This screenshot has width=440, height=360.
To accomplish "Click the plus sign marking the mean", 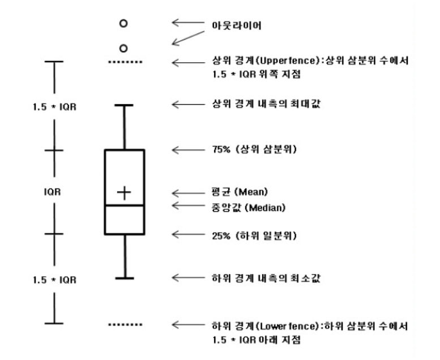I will coord(124,192).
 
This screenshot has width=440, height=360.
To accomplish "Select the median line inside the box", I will coord(124,205).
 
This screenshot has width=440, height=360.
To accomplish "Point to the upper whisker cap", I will coord(124,105).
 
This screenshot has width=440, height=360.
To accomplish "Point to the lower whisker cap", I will coord(124,278).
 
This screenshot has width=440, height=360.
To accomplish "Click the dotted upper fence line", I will coord(125,62).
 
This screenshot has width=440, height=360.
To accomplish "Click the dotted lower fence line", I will coord(125,324).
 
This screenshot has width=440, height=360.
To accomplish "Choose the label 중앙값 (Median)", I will coord(245,207).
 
